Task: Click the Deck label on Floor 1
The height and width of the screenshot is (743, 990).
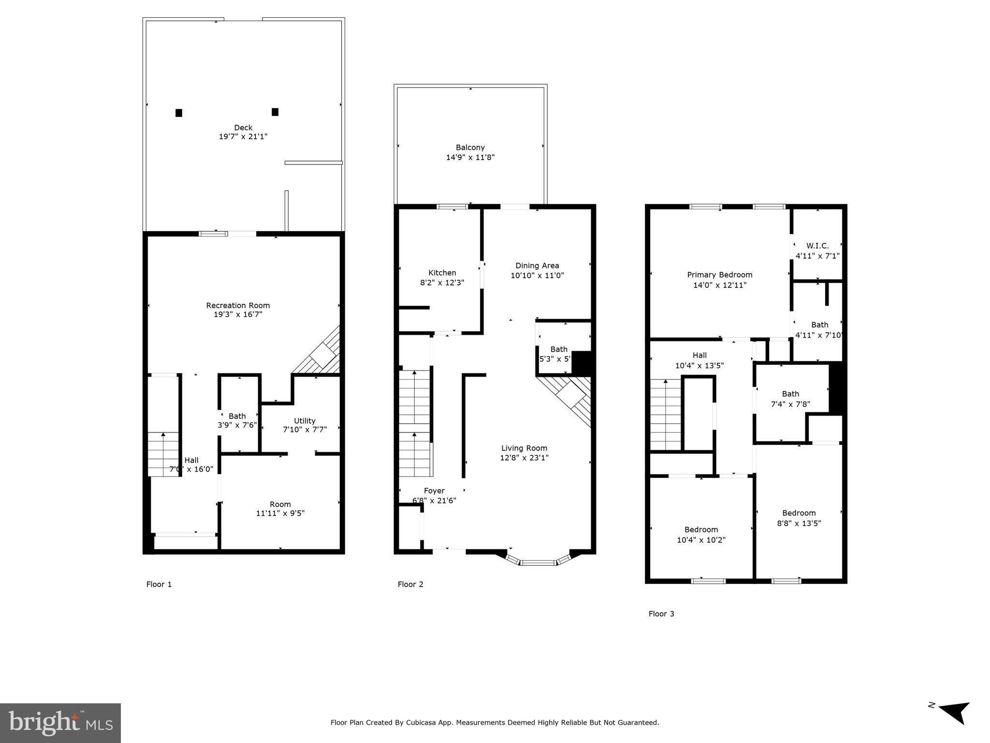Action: point(243,128)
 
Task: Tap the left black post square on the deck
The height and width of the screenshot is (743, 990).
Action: point(179,113)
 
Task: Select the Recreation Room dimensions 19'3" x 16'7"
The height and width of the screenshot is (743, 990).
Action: point(238,314)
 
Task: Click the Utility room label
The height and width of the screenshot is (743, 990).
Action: point(305,421)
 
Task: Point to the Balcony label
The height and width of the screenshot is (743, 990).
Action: point(470,148)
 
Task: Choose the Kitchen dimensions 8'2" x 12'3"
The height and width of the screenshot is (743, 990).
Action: point(442,282)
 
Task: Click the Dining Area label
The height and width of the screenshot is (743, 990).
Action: point(537,266)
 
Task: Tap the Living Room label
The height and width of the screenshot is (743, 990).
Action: point(524,448)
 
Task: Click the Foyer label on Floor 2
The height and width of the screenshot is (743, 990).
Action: point(434,491)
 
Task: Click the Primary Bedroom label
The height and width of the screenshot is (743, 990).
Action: point(719,275)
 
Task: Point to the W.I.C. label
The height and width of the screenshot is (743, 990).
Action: point(817,246)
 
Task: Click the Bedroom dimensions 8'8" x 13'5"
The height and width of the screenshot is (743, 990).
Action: point(799,523)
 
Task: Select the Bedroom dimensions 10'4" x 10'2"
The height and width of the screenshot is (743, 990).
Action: point(701,540)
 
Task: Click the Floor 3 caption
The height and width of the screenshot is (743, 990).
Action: point(661,614)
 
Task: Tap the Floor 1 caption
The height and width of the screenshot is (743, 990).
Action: point(159,584)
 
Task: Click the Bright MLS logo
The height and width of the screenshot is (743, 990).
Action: point(60,723)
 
